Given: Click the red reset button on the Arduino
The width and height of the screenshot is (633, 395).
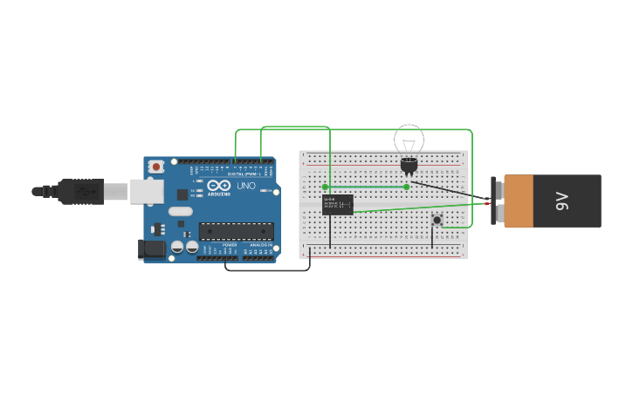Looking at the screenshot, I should [x=155, y=167].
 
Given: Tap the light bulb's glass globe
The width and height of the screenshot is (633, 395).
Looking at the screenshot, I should [x=409, y=140].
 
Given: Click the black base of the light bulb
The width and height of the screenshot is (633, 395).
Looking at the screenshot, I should [x=409, y=164].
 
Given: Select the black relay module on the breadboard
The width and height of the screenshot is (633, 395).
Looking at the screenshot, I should [x=337, y=205].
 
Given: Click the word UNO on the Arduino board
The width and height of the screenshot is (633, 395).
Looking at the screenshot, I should [x=246, y=185].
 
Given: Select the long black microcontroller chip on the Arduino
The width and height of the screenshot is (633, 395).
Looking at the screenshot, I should [x=236, y=231].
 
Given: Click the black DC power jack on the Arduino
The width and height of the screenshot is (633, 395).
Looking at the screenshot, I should [x=152, y=249].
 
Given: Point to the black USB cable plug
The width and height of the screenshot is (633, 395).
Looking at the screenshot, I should [x=81, y=191].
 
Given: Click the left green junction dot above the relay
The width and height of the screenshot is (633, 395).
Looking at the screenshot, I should [x=325, y=187].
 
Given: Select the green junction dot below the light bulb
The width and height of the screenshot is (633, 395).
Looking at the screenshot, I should [x=406, y=187].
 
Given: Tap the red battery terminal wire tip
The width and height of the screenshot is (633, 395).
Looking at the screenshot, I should [x=487, y=204].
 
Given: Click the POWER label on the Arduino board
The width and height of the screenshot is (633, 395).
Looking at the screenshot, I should [x=230, y=245].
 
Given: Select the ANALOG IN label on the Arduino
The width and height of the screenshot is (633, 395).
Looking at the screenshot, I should [x=259, y=245].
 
